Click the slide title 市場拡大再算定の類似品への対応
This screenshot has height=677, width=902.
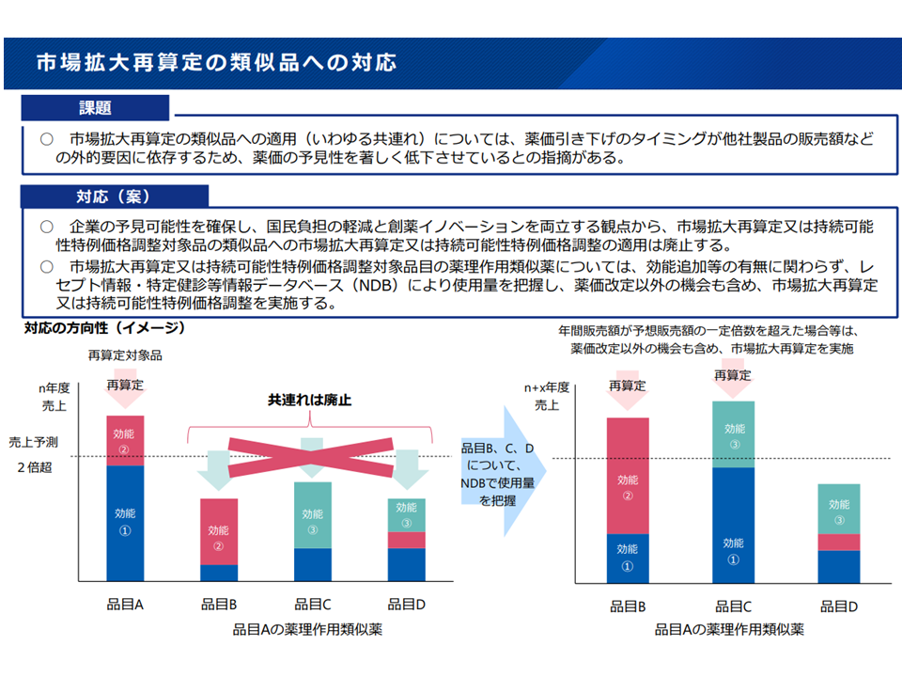click(215, 63)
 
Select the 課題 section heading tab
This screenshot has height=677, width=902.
click(95, 108)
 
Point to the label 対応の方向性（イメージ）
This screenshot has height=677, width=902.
click(104, 328)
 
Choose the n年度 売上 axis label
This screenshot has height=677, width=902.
click(54, 396)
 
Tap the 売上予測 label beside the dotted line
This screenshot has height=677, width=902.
click(33, 442)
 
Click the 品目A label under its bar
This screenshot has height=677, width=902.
click(124, 605)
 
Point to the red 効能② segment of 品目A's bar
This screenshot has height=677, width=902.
click(125, 440)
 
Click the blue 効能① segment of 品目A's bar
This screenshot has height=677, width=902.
click(125, 522)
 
